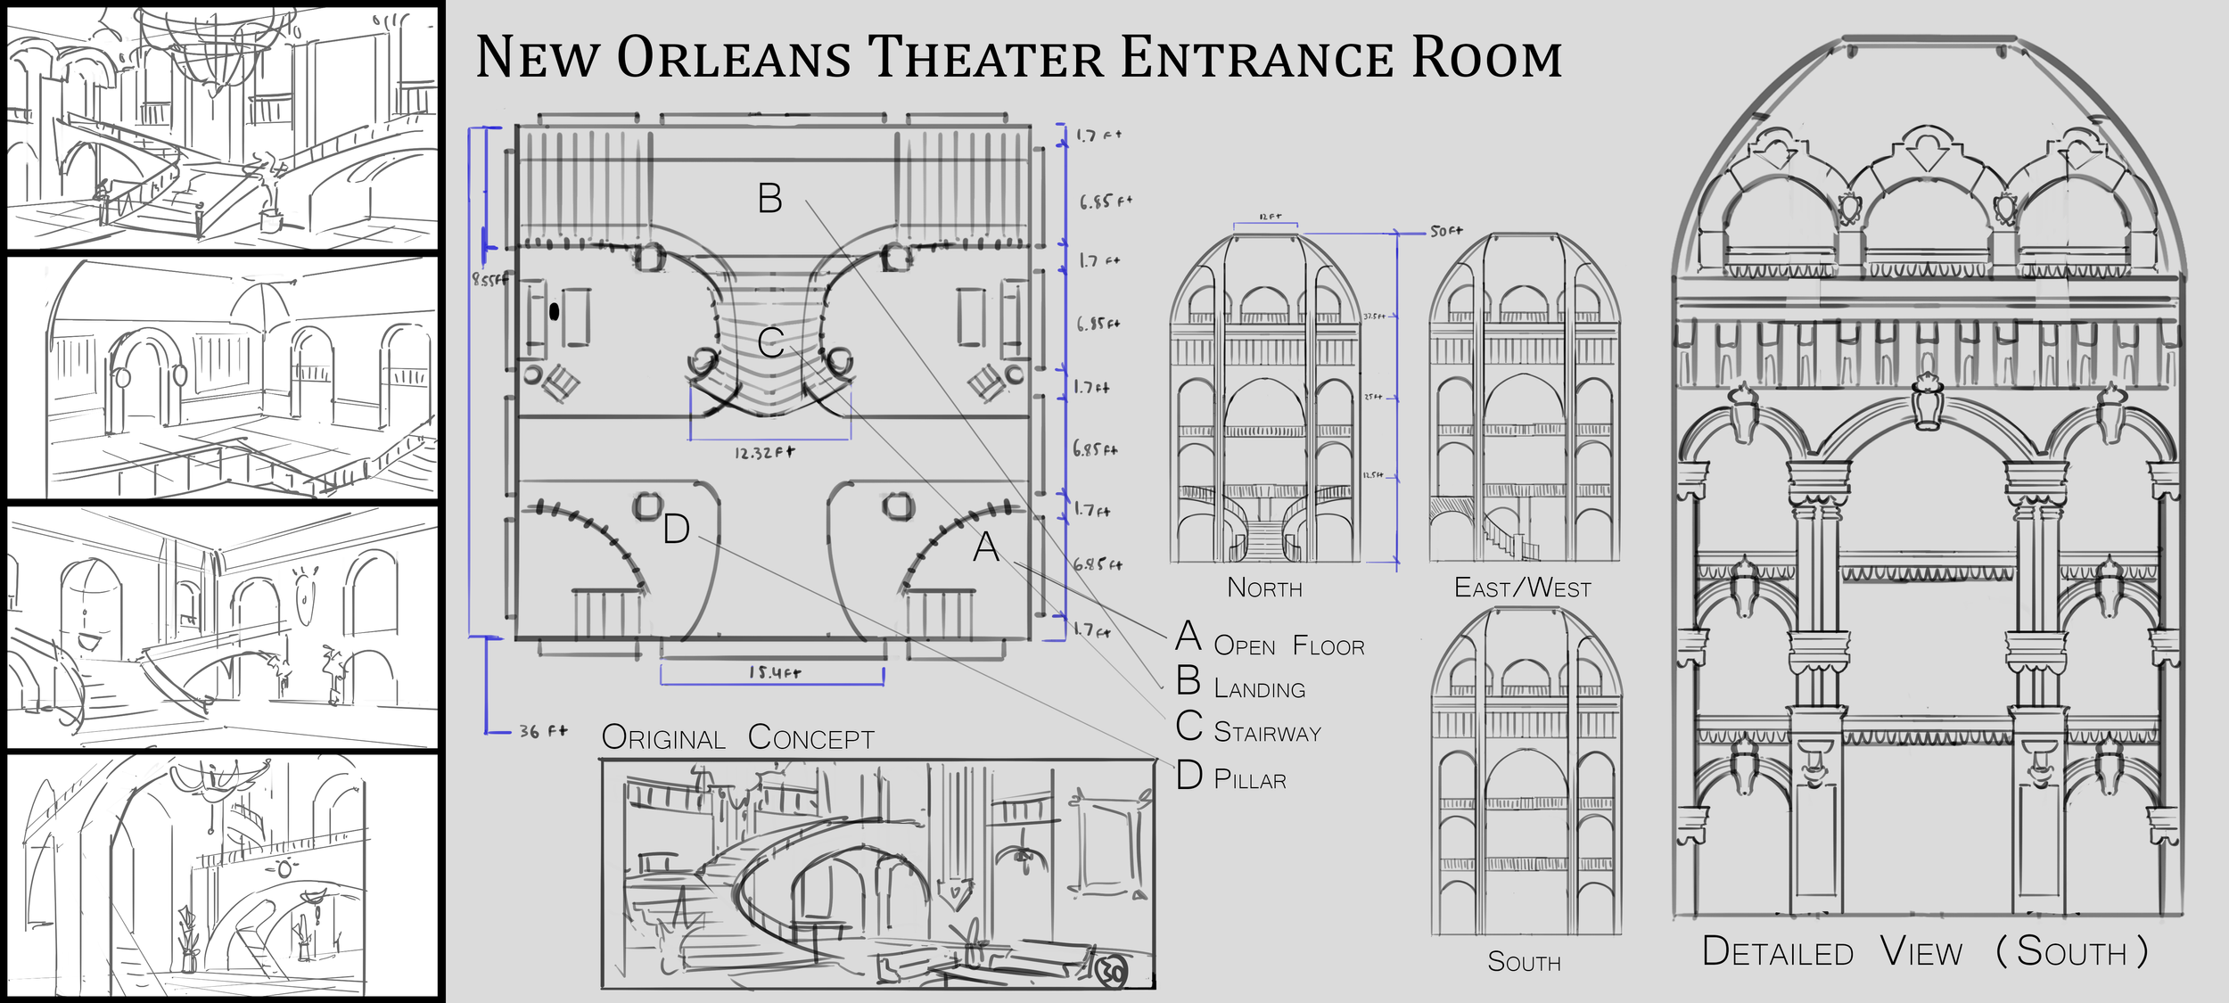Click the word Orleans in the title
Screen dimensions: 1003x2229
point(733,59)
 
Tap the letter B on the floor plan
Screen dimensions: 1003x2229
point(769,198)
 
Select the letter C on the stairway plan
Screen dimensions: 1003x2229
point(770,342)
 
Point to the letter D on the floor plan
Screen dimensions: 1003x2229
point(676,530)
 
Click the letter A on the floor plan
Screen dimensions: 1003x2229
point(985,547)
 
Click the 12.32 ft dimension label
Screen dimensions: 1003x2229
point(764,453)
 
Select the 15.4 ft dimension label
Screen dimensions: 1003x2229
point(774,672)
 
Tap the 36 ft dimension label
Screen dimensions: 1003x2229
point(543,732)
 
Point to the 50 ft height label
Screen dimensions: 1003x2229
point(1446,231)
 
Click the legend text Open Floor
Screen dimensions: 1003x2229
point(1288,646)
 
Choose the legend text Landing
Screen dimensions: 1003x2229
point(1259,689)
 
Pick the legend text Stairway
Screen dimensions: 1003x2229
point(1267,733)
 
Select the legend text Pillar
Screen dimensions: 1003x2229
point(1250,780)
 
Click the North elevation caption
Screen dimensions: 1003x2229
point(1264,588)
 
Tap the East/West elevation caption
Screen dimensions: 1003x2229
point(1522,588)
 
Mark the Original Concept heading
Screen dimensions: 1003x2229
point(737,738)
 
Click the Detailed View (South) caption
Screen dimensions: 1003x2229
point(1924,952)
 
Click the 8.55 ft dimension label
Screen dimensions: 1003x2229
point(489,279)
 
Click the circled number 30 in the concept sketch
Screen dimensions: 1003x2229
point(1113,973)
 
